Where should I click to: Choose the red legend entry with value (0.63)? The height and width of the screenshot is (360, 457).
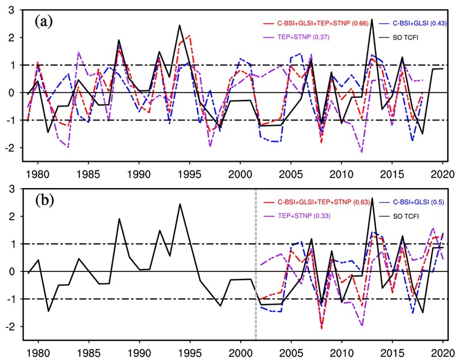[316, 201]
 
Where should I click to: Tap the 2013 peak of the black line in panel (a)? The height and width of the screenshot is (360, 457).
[372, 19]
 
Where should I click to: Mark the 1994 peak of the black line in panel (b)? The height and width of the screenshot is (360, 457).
[180, 204]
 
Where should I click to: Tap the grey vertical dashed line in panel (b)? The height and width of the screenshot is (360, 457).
[255, 274]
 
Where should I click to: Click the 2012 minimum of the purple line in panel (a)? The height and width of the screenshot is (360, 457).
[362, 152]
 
